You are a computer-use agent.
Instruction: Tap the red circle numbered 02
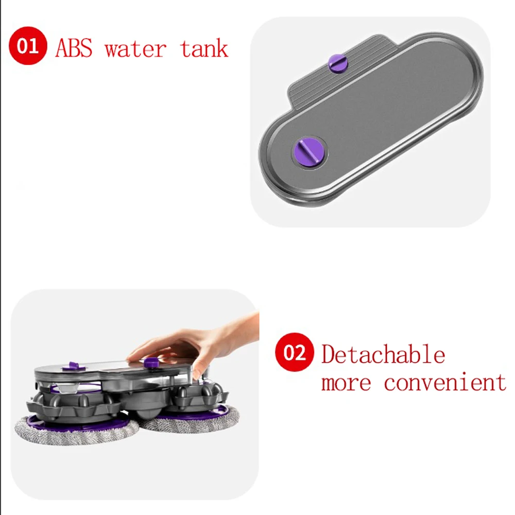(295, 354)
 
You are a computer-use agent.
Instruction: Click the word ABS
(74, 48)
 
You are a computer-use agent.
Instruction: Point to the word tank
(204, 48)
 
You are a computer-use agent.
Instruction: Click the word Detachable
(383, 355)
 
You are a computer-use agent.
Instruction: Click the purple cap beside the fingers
(151, 362)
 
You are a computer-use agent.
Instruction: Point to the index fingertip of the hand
(131, 356)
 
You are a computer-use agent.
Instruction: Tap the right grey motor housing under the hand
(198, 394)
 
